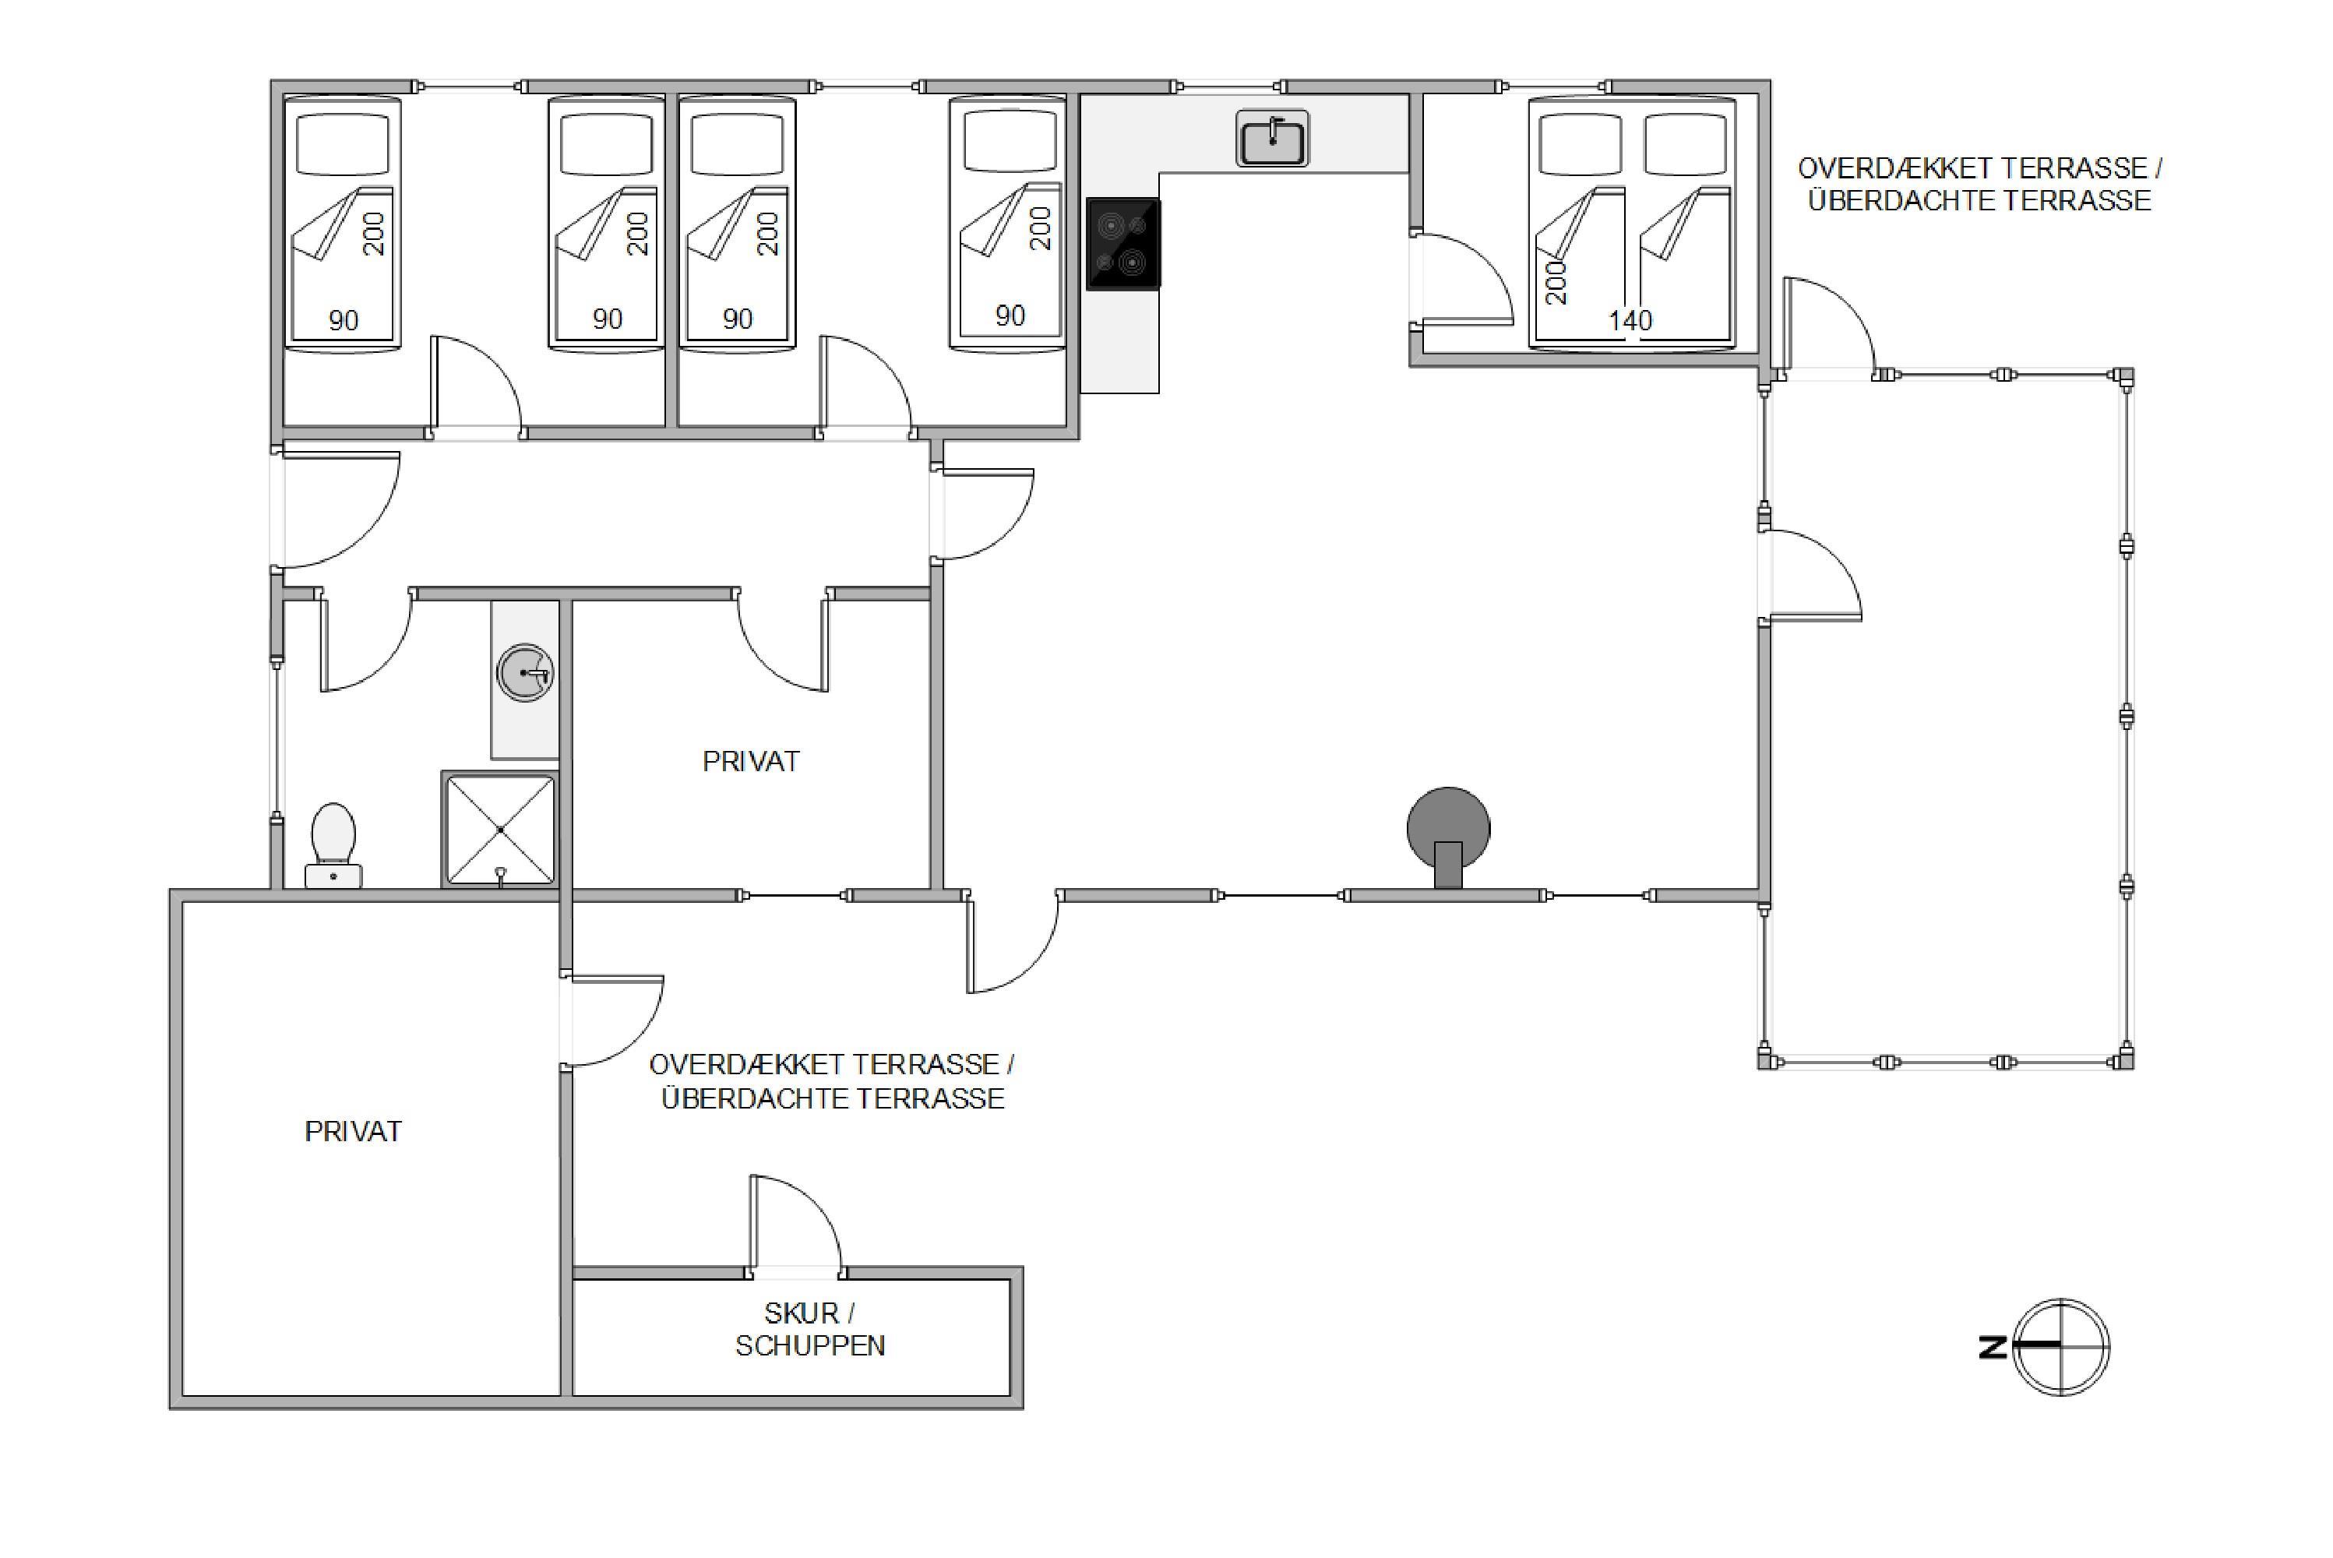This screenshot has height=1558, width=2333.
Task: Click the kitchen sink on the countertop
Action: (1272, 138)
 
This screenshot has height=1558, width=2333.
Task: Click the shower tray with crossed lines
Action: (500, 829)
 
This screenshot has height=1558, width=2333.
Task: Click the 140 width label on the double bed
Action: (1630, 320)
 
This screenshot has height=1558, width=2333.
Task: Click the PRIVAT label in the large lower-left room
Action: (353, 1132)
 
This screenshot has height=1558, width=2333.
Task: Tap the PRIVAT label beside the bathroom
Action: (751, 761)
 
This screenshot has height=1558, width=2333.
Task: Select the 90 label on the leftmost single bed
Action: (344, 320)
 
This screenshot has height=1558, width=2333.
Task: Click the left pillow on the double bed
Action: (1580, 144)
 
